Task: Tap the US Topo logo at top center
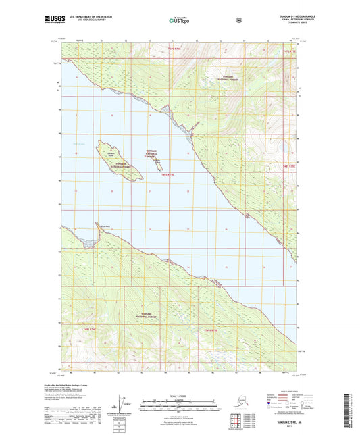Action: click(180, 21)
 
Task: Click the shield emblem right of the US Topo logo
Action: click(238, 20)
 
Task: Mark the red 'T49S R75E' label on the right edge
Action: click(289, 165)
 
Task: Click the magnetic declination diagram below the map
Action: click(124, 405)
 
